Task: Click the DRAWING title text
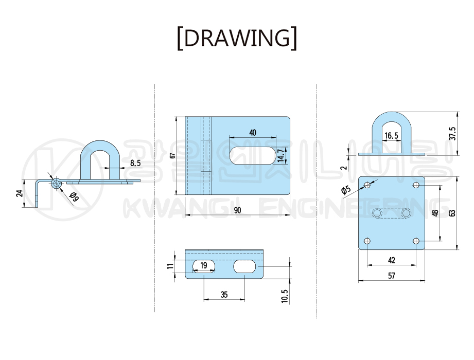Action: point(237,38)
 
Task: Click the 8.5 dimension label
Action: point(135,163)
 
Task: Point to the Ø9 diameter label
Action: point(74,197)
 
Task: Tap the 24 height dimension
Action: point(20,193)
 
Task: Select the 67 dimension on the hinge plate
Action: point(172,155)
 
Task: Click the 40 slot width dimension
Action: point(253,133)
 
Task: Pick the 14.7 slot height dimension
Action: point(281,155)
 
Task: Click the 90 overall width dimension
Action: point(238,210)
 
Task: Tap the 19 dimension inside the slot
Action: point(204,265)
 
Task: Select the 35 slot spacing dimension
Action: point(224,295)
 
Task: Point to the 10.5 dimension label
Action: point(285,296)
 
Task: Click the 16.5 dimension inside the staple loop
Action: point(391,136)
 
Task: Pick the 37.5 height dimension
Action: point(452,134)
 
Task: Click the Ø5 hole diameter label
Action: point(346,190)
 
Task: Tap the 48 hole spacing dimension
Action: point(435,213)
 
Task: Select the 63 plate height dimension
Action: point(452,213)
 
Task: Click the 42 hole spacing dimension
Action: point(392,260)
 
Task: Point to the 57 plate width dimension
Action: point(392,276)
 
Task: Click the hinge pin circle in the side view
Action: point(56,183)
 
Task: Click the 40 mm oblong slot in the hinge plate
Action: point(253,155)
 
